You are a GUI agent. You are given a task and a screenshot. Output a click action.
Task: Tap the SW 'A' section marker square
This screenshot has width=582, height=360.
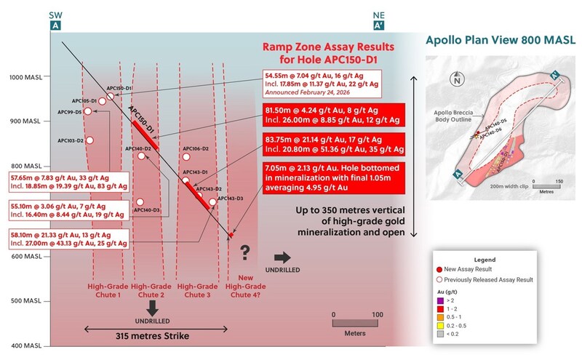point(55,25)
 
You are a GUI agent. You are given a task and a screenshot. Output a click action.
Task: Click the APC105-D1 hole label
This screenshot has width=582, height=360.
point(84,100)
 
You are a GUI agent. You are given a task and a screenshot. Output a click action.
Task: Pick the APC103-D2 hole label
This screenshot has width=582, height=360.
point(71,140)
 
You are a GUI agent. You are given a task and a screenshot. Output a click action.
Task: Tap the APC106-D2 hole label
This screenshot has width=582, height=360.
point(196,148)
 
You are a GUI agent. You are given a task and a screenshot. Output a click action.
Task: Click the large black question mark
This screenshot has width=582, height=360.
point(245,254)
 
